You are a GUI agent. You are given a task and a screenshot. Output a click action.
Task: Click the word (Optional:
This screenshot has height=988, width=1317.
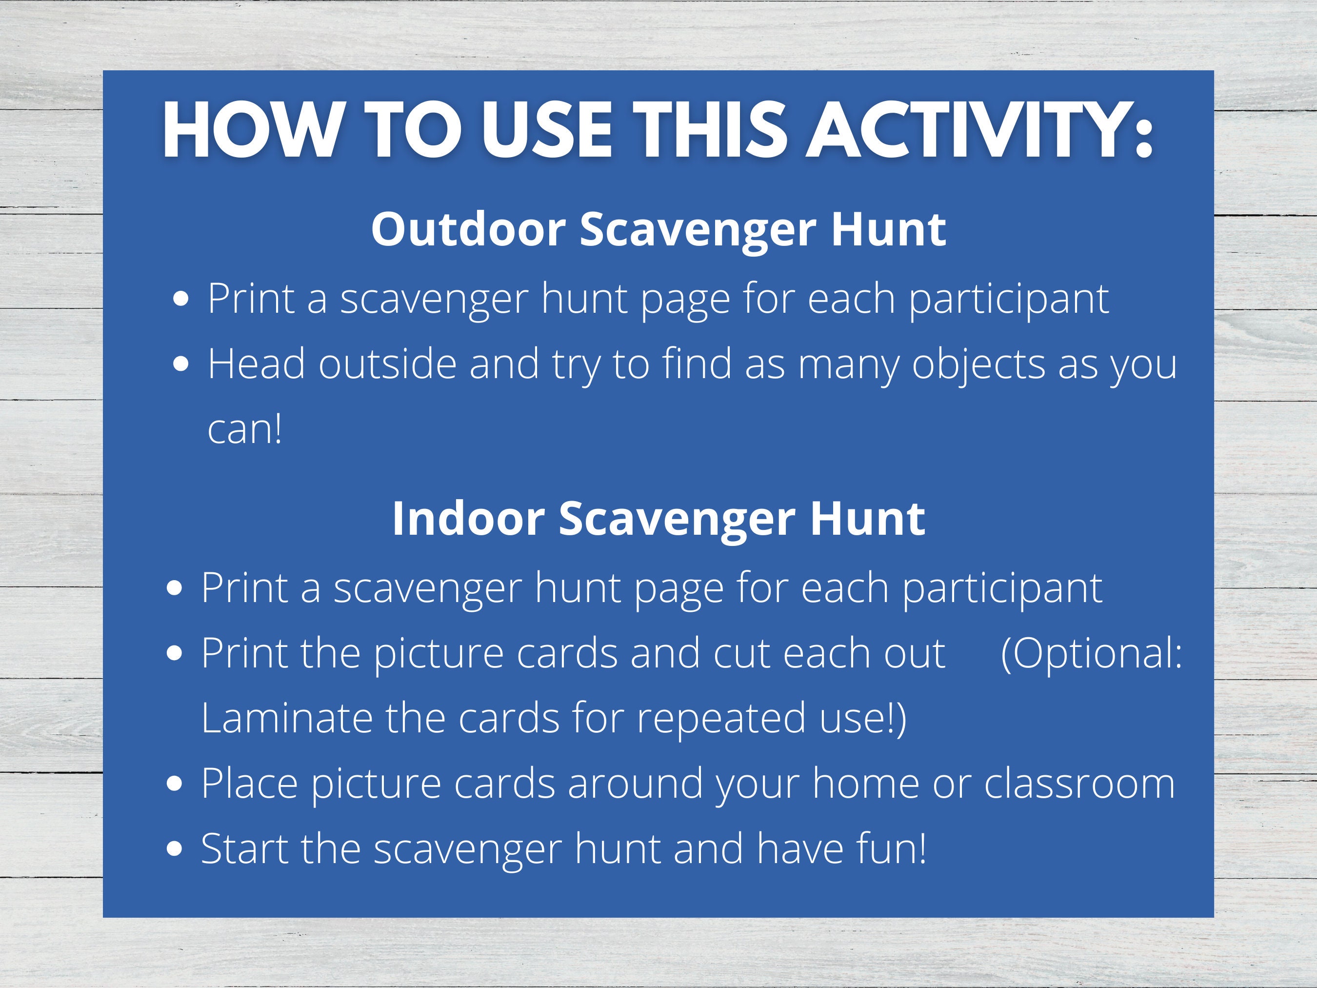1091,653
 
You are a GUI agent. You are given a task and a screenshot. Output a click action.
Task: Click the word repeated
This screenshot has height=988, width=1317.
721,719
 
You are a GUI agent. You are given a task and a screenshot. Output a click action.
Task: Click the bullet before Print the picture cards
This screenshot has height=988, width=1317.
175,654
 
